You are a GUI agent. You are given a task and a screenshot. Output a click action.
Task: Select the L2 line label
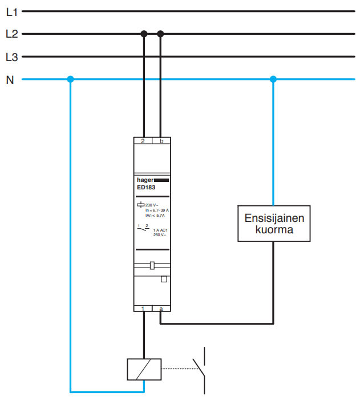[x=11, y=34]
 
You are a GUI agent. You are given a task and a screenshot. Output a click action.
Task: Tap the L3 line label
[x=11, y=57]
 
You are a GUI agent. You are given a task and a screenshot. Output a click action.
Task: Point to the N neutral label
[x=10, y=80]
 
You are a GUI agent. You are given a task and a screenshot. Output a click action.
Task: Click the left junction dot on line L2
[x=144, y=34]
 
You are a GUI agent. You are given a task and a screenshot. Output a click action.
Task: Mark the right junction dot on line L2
[x=161, y=34]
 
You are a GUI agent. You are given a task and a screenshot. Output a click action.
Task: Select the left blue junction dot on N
[x=70, y=79]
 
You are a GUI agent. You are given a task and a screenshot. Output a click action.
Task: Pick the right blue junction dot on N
[x=273, y=79]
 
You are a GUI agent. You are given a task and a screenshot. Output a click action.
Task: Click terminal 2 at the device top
[x=143, y=140]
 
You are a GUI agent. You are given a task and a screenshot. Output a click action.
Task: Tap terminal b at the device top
[x=161, y=140]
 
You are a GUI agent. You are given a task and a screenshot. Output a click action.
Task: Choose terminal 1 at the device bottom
[x=143, y=309]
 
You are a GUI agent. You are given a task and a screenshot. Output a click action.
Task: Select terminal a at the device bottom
[x=161, y=309]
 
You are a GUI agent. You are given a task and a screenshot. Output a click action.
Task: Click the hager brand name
[x=145, y=180]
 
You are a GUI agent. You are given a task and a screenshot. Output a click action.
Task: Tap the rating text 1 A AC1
[x=161, y=230]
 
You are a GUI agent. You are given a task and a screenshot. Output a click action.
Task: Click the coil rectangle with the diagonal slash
[x=144, y=368]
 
